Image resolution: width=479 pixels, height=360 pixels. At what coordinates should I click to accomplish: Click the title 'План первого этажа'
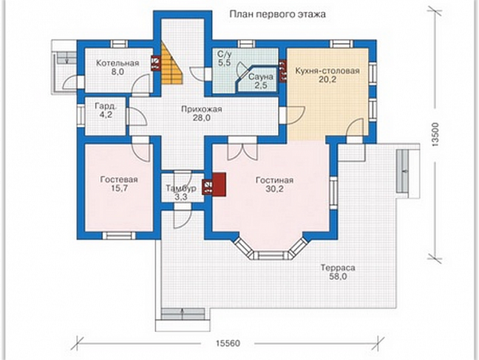click(x=277, y=14)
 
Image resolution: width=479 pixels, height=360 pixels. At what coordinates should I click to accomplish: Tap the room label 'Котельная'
click(x=118, y=64)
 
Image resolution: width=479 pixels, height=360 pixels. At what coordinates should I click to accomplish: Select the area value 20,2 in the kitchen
click(x=328, y=79)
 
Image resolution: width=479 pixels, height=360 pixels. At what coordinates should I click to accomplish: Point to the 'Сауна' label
click(x=261, y=77)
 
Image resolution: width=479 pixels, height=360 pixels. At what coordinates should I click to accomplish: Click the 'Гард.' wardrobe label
click(x=106, y=106)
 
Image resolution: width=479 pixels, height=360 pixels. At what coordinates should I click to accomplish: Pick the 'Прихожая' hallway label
click(x=201, y=109)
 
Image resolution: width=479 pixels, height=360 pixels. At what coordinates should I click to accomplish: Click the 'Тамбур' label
click(x=181, y=188)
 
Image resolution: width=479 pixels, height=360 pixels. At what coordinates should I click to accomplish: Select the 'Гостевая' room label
click(x=119, y=179)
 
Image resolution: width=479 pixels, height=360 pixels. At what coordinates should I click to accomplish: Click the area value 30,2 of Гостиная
click(x=274, y=189)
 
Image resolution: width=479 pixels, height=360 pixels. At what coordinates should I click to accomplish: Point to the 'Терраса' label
click(x=338, y=268)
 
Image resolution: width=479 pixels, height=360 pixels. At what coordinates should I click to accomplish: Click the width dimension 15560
click(x=228, y=343)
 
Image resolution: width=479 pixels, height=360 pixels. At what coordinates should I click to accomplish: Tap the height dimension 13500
click(x=435, y=135)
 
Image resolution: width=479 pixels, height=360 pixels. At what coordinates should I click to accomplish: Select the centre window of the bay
click(x=271, y=256)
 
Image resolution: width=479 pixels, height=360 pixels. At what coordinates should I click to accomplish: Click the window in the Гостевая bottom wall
click(x=119, y=235)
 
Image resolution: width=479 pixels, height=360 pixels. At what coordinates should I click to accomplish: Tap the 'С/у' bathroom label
click(x=224, y=54)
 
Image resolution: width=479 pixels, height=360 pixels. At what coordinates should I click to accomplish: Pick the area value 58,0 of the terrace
click(x=338, y=277)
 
